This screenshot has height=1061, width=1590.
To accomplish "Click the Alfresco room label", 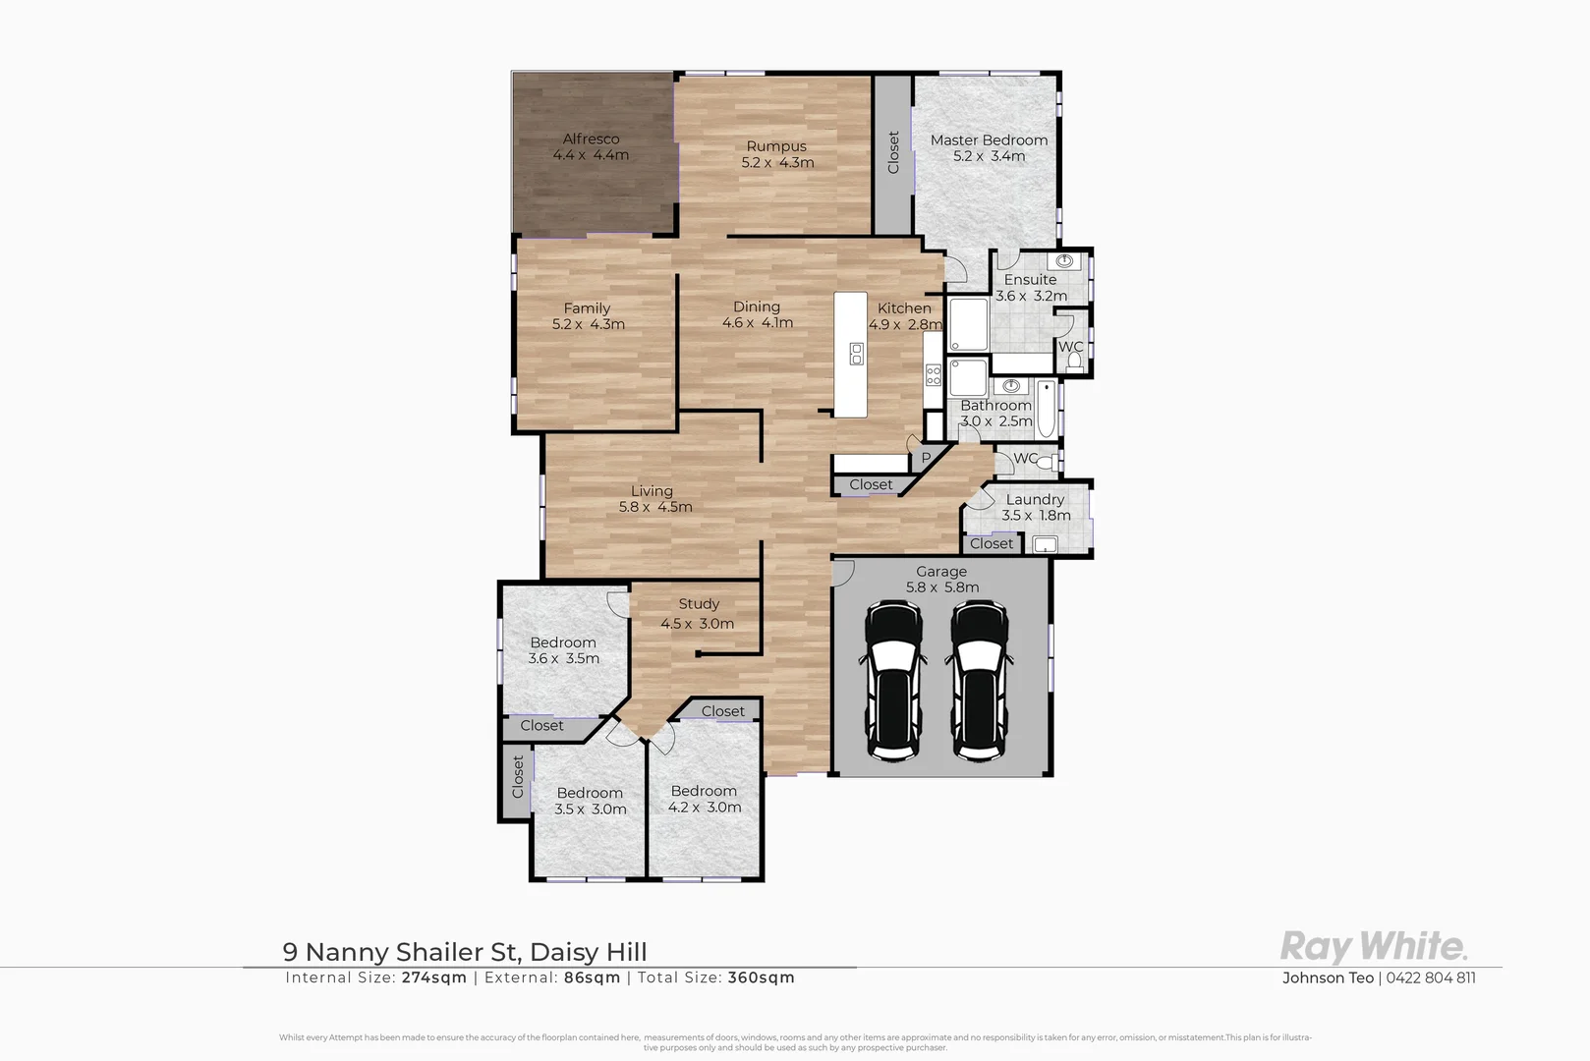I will pyautogui.click(x=591, y=139).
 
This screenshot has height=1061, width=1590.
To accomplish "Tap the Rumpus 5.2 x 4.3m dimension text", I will pyautogui.click(x=777, y=163).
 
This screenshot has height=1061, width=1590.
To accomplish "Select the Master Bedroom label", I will pyautogui.click(x=989, y=140).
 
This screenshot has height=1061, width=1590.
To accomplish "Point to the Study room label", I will pyautogui.click(x=699, y=604).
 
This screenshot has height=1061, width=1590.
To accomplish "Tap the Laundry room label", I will pyautogui.click(x=1035, y=499).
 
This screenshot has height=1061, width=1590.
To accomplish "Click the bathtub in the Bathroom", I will pyautogui.click(x=1047, y=412).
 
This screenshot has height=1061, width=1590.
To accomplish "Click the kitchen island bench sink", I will pyautogui.click(x=856, y=354).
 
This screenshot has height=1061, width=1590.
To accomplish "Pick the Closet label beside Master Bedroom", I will pyautogui.click(x=893, y=153).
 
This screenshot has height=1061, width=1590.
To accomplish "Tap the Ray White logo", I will pyautogui.click(x=1374, y=947).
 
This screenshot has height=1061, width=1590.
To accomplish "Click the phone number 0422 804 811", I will pyautogui.click(x=1431, y=977).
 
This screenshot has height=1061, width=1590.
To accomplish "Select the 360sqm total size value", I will pyautogui.click(x=761, y=977).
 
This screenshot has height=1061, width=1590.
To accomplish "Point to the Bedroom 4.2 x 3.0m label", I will pyautogui.click(x=704, y=791).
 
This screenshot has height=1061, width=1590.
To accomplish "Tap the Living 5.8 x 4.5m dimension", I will pyautogui.click(x=655, y=507).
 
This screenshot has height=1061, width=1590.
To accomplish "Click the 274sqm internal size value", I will pyautogui.click(x=434, y=977).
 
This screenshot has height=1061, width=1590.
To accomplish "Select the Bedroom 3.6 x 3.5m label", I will pyautogui.click(x=563, y=642).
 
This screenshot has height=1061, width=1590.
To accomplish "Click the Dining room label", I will pyautogui.click(x=757, y=307).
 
